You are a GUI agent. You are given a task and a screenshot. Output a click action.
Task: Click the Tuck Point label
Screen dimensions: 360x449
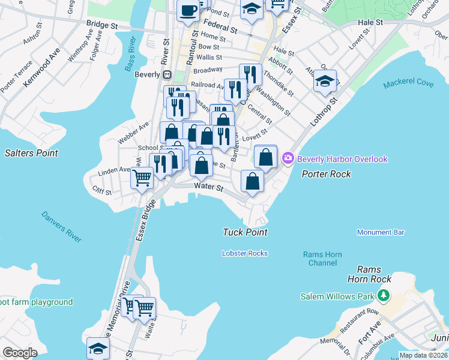click(244, 232)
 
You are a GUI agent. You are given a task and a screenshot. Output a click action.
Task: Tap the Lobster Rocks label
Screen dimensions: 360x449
click(244, 253)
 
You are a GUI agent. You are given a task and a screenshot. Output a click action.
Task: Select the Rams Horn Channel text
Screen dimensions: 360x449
click(322, 259)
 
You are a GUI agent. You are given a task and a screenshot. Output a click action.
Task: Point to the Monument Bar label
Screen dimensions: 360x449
click(381, 232)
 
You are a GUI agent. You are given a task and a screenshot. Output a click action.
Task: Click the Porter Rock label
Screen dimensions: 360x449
click(326, 174)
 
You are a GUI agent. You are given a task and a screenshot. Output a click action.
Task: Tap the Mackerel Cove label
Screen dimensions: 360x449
click(408, 82)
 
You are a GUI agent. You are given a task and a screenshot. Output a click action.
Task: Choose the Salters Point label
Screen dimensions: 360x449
click(31, 153)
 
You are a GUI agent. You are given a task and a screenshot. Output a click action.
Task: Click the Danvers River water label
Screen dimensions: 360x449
click(61, 226)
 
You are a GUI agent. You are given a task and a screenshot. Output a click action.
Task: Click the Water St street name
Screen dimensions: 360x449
click(208, 188)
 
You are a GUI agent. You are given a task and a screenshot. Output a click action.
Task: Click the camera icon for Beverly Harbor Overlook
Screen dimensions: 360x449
click(288, 159)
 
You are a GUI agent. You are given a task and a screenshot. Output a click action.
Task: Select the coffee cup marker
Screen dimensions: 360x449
click(188, 11)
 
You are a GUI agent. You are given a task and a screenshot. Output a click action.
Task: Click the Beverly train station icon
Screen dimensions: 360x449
click(169, 75)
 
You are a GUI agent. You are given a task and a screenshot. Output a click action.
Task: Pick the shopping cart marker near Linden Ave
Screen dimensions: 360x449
click(142, 178)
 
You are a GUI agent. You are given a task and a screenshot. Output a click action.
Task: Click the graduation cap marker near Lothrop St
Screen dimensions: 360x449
click(325, 81)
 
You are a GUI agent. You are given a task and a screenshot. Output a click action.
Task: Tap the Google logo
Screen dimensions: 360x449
click(20, 353)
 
